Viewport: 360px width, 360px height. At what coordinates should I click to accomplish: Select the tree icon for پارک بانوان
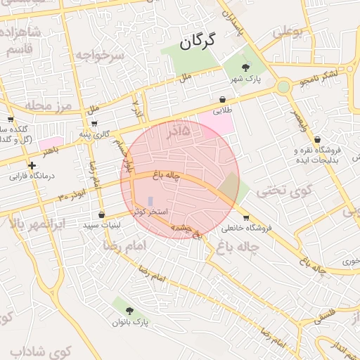click(129, 310)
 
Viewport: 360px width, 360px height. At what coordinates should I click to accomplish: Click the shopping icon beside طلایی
click(222, 99)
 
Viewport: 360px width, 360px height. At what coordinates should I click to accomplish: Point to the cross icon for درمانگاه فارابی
click(32, 165)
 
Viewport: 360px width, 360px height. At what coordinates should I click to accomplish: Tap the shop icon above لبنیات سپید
click(102, 214)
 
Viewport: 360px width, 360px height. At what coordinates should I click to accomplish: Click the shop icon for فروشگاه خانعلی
click(246, 217)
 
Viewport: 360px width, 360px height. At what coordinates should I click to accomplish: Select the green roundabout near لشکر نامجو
click(283, 86)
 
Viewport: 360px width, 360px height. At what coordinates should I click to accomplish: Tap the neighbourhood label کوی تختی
click(277, 190)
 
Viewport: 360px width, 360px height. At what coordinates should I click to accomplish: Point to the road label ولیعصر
click(300, 120)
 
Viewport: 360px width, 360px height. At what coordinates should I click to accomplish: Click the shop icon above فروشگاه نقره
click(317, 139)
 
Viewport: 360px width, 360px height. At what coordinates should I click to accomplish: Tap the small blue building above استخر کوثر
click(150, 200)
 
